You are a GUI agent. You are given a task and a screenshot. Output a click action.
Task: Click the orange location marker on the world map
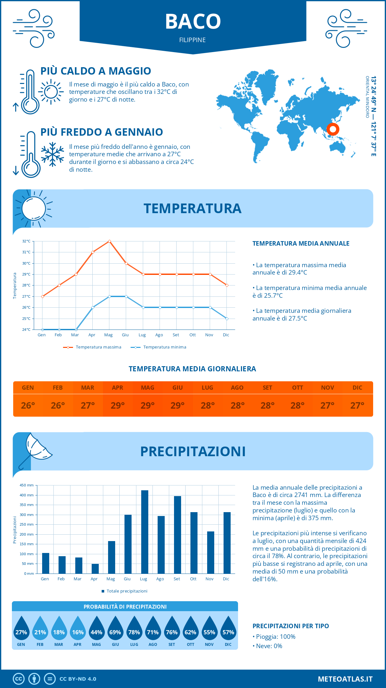pyautogui.click(x=333, y=129)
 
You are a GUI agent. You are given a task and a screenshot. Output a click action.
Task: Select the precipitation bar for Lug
pyautogui.click(x=144, y=532)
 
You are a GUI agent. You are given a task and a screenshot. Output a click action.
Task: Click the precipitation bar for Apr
pyautogui.click(x=95, y=568)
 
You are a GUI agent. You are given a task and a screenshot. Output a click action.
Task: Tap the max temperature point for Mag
pyautogui.click(x=109, y=241)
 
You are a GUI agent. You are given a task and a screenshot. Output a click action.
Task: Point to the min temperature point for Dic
pyautogui.click(x=227, y=319)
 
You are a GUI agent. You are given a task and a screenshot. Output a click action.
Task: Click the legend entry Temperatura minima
pyautogui.click(x=164, y=347)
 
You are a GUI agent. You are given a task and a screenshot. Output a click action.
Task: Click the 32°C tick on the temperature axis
pyautogui.click(x=26, y=241)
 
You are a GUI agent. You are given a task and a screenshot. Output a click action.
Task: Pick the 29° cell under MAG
pyautogui.click(x=148, y=405)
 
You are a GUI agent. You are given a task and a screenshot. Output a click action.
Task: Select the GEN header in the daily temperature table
pyautogui.click(x=28, y=388)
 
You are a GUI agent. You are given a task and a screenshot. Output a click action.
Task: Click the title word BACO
pyautogui.click(x=193, y=22)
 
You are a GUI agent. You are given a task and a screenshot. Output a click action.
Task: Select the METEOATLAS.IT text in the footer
pyautogui.click(x=345, y=679)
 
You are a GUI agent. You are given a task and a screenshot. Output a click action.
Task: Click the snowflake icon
pyautogui.click(x=52, y=154)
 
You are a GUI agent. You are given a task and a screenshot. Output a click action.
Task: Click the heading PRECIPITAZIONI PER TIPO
pyautogui.click(x=290, y=626)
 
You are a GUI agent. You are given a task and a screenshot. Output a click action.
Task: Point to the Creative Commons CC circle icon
pyautogui.click(x=19, y=679)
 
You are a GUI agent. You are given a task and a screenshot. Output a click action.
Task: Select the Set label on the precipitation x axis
pyautogui.click(x=177, y=579)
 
